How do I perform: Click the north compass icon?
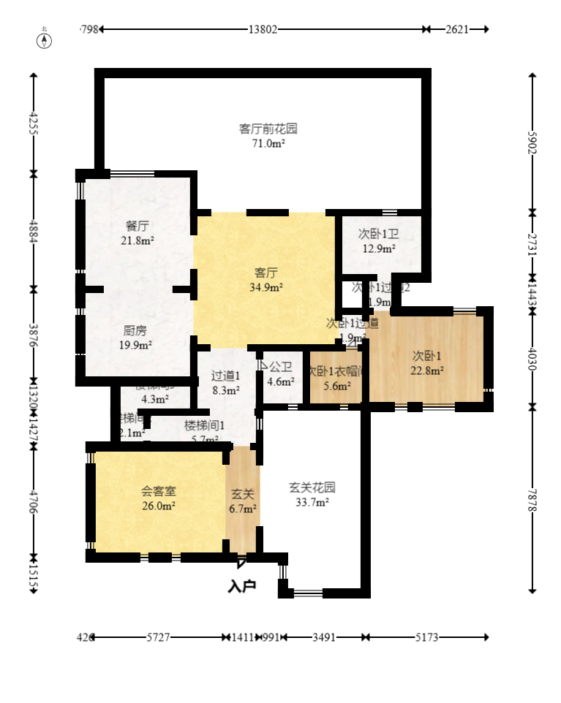tap(45, 39)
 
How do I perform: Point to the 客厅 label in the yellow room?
tap(266, 273)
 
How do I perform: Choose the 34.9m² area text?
tap(266, 287)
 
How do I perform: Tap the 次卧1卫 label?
tap(378, 234)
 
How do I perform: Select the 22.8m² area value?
tap(426, 370)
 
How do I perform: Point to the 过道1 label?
tap(225, 376)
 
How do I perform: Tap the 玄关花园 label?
tap(312, 487)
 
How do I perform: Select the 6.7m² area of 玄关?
tap(242, 509)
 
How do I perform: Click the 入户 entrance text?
tap(241, 586)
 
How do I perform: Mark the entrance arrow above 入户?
tap(241, 563)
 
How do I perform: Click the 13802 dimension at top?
tap(263, 29)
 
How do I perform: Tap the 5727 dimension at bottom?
tap(158, 637)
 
